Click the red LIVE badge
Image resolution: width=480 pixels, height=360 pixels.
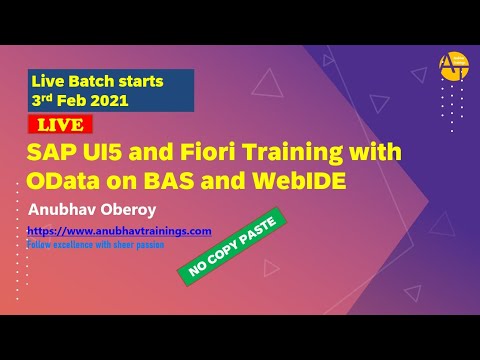pos(60,125)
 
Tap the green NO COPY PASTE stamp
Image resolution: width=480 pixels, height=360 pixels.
pos(231,244)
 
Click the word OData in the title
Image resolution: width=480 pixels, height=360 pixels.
pos(63,179)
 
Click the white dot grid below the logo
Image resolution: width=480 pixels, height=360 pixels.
pos(452,106)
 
